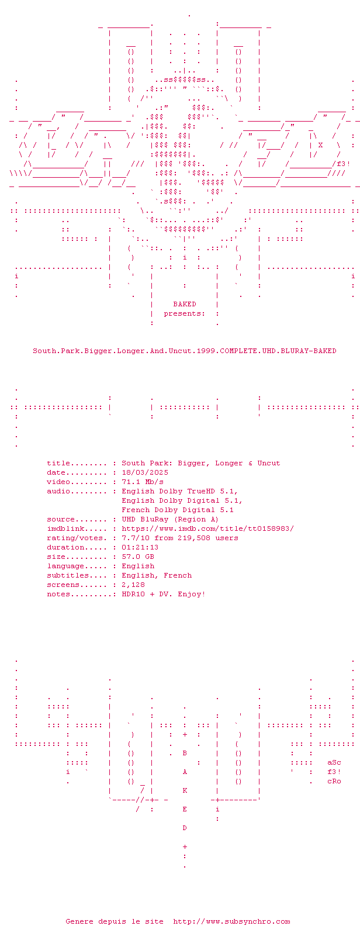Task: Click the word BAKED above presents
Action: (185, 304)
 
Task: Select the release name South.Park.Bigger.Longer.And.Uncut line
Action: (184, 351)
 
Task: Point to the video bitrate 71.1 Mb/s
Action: (143, 482)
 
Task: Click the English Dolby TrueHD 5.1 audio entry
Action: (179, 491)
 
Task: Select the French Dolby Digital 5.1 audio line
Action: (178, 510)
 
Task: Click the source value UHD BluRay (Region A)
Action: (170, 519)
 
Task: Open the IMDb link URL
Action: (207, 528)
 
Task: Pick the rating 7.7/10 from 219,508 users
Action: (179, 538)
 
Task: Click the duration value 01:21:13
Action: (140, 547)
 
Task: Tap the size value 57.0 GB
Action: (138, 557)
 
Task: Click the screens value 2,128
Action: (133, 585)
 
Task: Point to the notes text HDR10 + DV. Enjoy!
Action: (164, 594)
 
